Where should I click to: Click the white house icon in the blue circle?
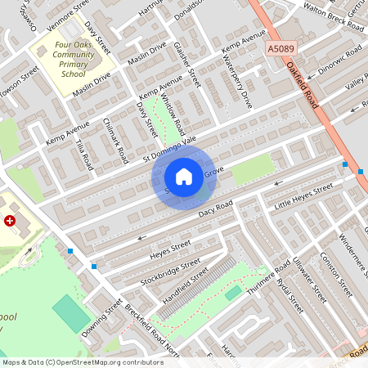(x=184, y=176)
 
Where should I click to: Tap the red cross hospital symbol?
(x=10, y=221)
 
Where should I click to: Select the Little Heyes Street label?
(x=303, y=197)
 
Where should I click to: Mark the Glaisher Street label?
(x=187, y=66)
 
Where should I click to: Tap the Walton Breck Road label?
(x=334, y=16)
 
